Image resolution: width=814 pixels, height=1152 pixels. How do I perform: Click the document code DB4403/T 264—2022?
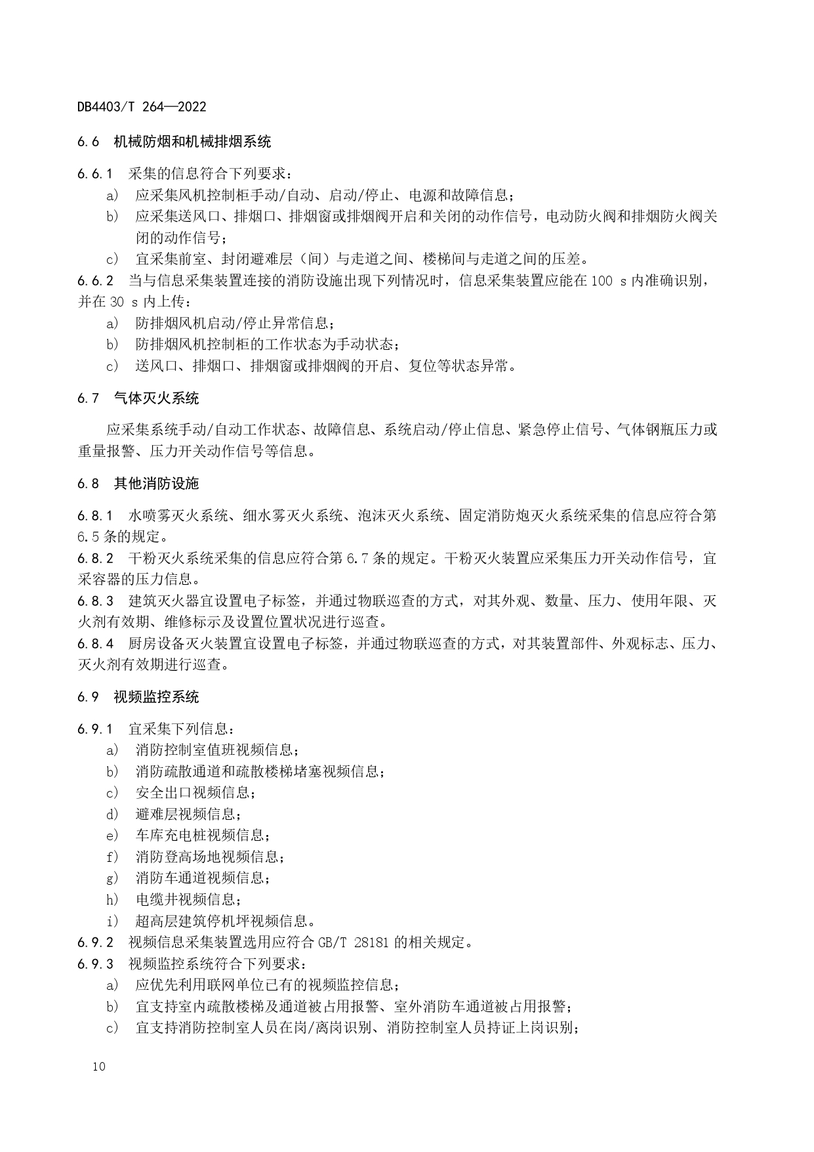(x=142, y=107)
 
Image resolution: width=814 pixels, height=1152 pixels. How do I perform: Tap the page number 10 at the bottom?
(x=99, y=1067)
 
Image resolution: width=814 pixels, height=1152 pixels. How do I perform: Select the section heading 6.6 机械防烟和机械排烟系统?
(x=174, y=142)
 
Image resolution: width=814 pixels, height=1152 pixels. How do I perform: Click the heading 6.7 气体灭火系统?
(x=138, y=398)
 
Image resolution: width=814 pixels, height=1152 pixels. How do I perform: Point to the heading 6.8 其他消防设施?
(x=138, y=484)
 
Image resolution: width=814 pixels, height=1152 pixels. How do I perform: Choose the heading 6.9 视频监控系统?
(x=138, y=697)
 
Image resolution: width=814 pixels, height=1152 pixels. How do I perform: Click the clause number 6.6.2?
(x=95, y=281)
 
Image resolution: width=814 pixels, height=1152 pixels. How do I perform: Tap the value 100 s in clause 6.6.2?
(x=609, y=281)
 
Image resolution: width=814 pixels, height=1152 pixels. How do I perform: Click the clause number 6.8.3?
(x=95, y=601)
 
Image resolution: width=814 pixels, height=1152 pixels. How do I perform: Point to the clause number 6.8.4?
(x=95, y=643)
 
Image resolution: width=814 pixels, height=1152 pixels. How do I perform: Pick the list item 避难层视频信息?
(x=186, y=815)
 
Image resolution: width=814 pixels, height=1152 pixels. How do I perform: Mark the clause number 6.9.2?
(x=95, y=943)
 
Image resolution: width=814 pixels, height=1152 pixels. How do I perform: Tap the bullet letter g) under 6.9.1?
(x=112, y=878)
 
